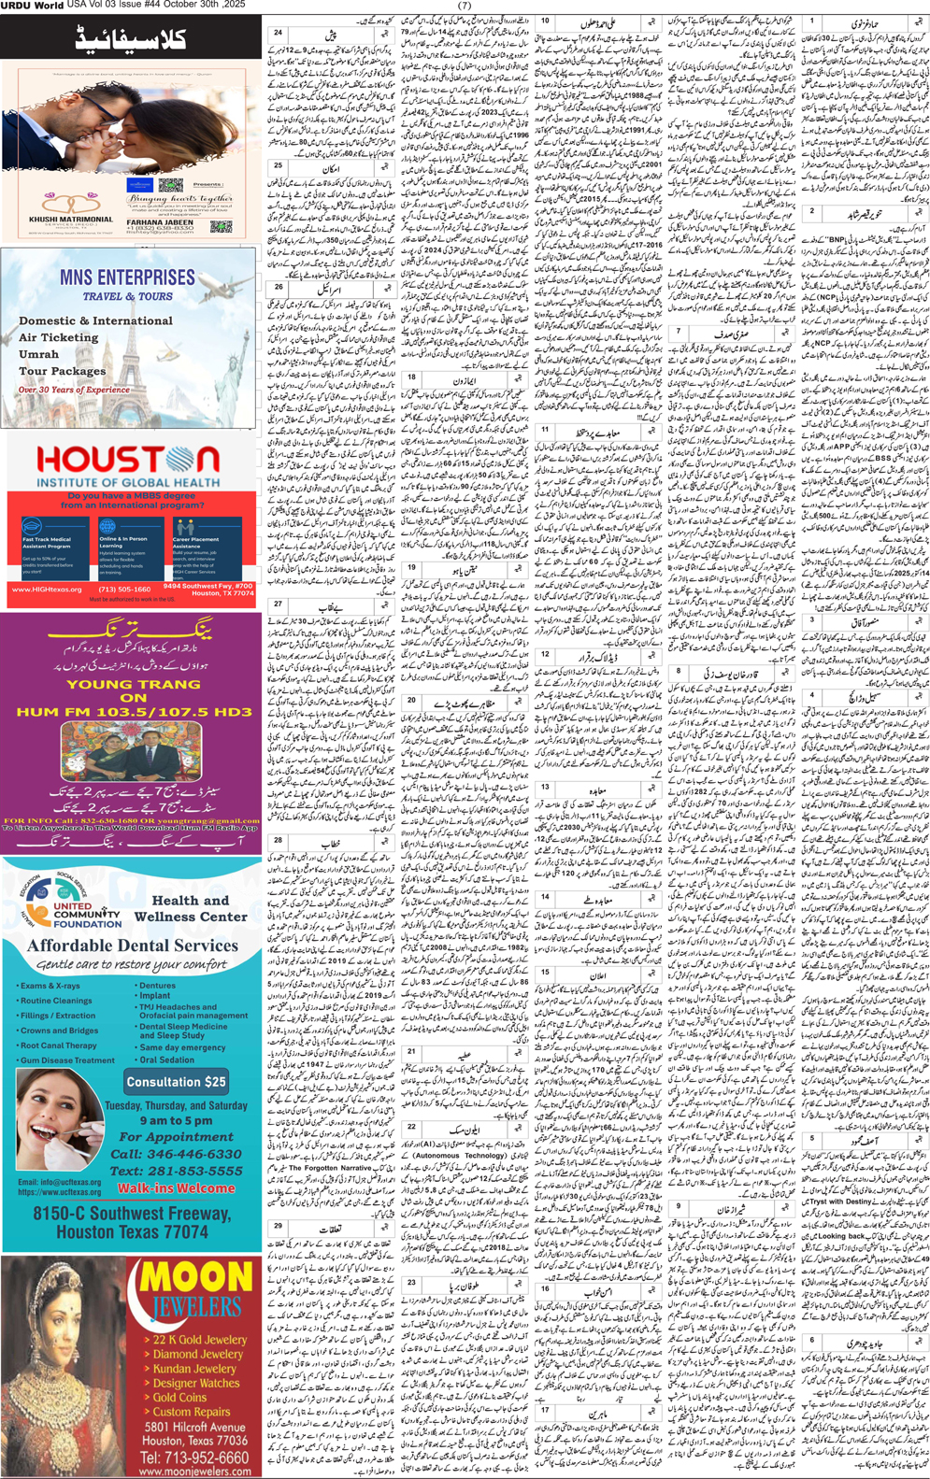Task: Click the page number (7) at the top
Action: click(x=465, y=6)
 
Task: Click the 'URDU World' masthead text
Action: click(x=33, y=6)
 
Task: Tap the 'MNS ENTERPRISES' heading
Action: click(x=127, y=277)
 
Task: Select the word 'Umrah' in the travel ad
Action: click(x=39, y=354)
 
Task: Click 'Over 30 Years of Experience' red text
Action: click(x=74, y=390)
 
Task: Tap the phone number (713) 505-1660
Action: click(x=124, y=590)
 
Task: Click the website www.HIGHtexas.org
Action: click(x=47, y=590)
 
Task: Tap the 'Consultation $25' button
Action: click(x=177, y=1082)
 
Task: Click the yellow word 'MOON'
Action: click(x=195, y=1277)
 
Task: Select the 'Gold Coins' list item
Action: click(x=180, y=1397)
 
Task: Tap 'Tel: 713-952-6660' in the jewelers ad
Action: click(x=194, y=1458)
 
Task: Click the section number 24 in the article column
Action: click(x=278, y=33)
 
